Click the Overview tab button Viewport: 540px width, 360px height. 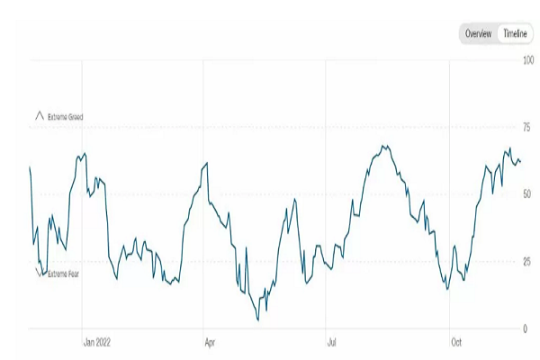(x=478, y=33)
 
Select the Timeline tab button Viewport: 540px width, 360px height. (x=515, y=33)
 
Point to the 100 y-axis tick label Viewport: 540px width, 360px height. (x=528, y=60)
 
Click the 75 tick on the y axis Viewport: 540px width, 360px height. (x=527, y=128)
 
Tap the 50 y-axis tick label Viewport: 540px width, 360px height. (x=527, y=194)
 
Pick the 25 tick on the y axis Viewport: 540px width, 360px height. (x=527, y=262)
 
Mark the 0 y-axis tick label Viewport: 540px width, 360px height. (x=526, y=328)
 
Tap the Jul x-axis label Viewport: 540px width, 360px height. (x=332, y=342)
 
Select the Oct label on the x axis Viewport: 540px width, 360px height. (x=455, y=342)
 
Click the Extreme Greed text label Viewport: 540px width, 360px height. (x=66, y=117)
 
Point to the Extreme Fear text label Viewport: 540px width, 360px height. (x=63, y=274)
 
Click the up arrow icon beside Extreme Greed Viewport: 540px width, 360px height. (x=39, y=116)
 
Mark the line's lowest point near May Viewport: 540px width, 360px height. (x=258, y=319)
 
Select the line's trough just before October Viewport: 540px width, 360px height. (x=446, y=289)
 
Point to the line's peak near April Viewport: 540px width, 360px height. (x=207, y=163)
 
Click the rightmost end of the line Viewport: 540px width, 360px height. (x=520, y=161)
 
